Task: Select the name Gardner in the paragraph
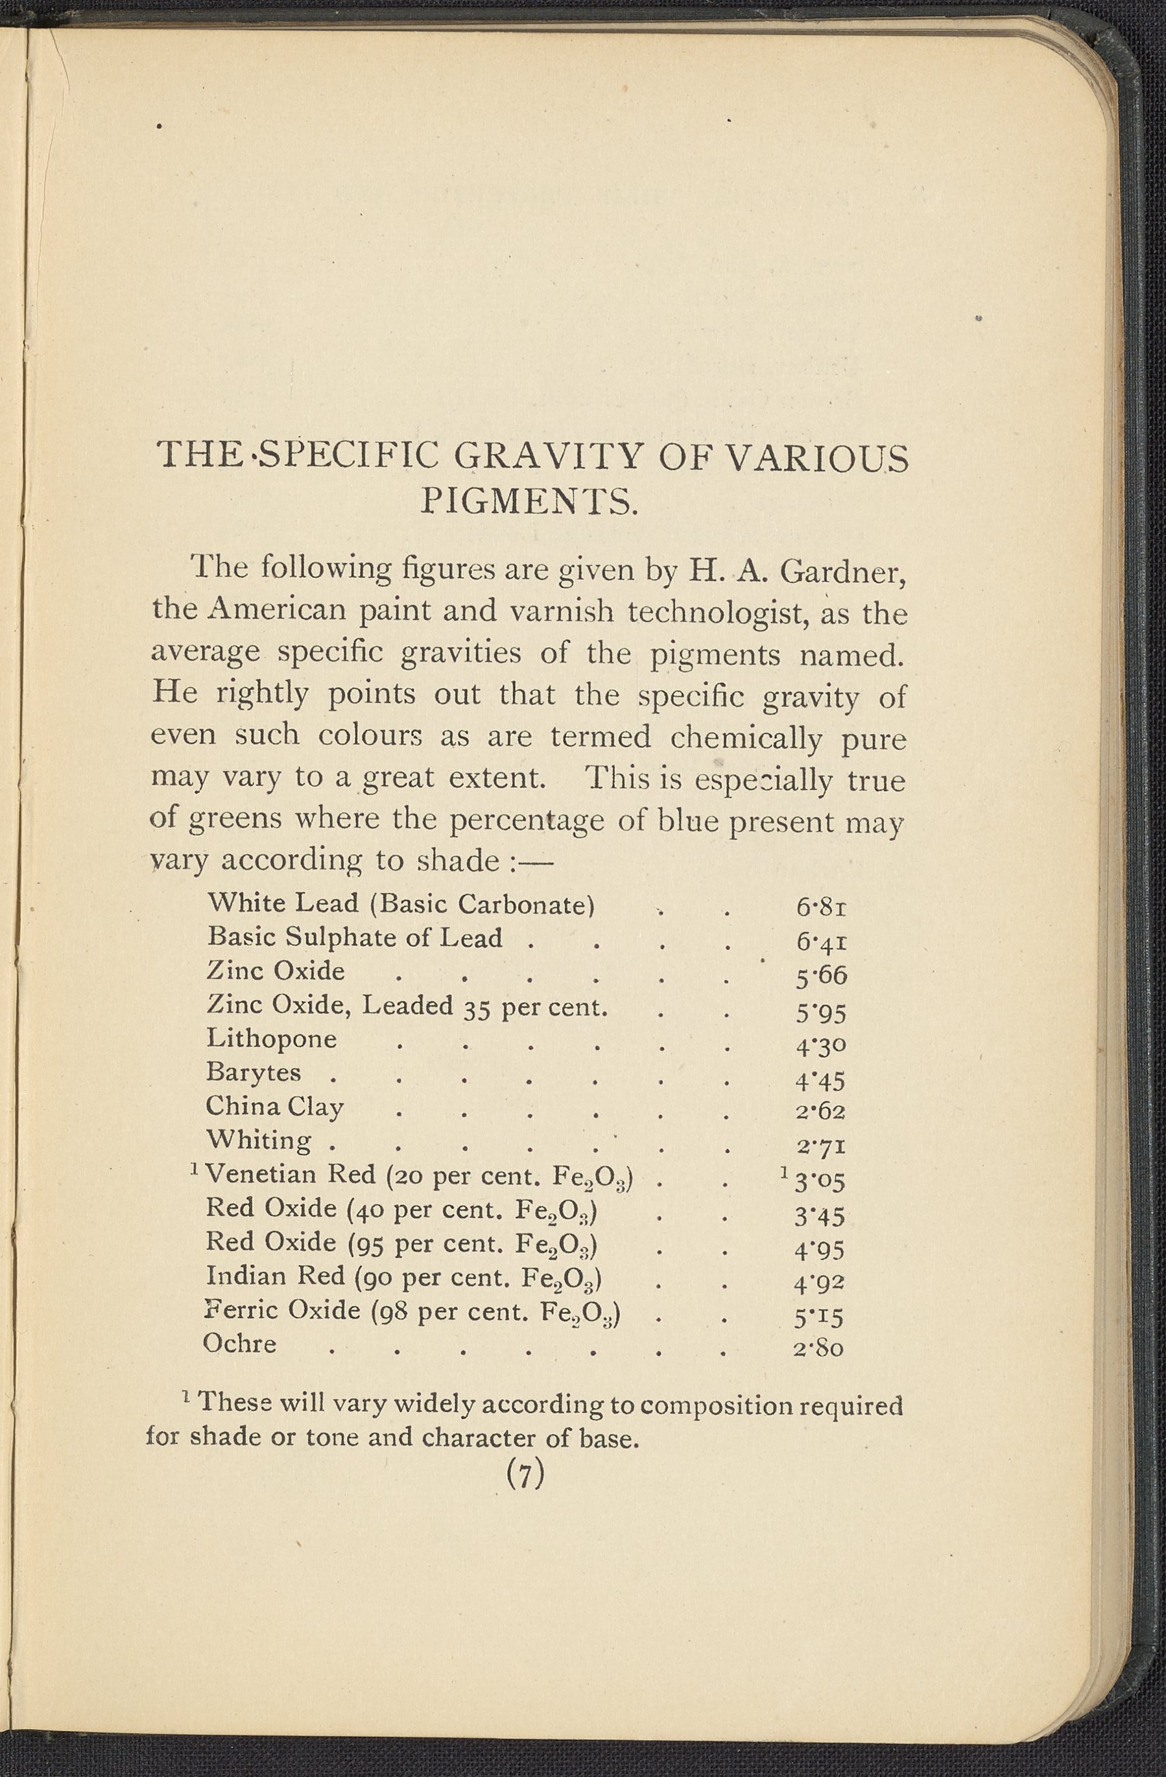(x=844, y=573)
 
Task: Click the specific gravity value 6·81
(x=820, y=908)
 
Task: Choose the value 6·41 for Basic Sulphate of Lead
(x=820, y=942)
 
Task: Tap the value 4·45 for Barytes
(x=820, y=1080)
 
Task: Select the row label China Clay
(x=275, y=1106)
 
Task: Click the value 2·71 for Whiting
(x=820, y=1146)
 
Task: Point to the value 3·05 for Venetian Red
(x=820, y=1181)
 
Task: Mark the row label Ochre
(x=239, y=1344)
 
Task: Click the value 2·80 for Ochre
(x=819, y=1348)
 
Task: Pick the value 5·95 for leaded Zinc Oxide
(x=820, y=1013)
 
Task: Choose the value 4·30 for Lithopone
(x=820, y=1047)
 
